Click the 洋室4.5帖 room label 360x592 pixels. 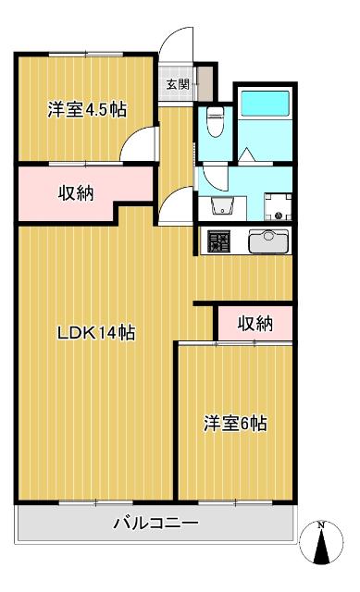[x=87, y=110]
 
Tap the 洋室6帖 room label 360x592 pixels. [x=236, y=424]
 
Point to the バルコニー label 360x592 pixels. [x=155, y=524]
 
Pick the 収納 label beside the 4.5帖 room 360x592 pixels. [x=76, y=193]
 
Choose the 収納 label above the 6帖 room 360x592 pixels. [x=254, y=323]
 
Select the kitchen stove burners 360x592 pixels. [x=219, y=241]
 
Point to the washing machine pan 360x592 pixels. [x=276, y=203]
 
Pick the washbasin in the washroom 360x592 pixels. [x=221, y=204]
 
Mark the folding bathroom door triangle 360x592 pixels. [x=248, y=154]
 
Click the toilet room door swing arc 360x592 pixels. [x=212, y=175]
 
